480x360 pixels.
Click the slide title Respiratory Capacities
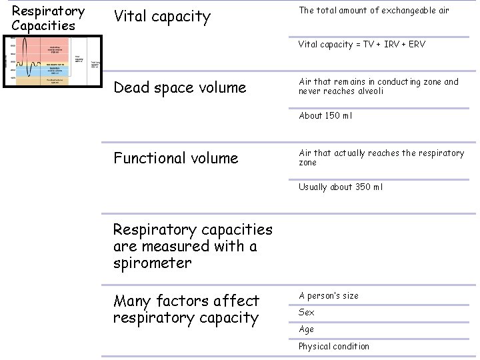click(48, 19)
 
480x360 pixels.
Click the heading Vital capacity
click(162, 17)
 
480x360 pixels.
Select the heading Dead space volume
click(179, 87)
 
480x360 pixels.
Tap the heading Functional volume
click(175, 158)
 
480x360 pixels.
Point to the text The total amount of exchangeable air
click(373, 11)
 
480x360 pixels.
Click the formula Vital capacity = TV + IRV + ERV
click(361, 45)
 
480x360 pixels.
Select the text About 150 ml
click(325, 115)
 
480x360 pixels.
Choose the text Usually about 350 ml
click(341, 187)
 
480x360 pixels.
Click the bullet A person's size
click(328, 296)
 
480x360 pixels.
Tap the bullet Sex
click(307, 313)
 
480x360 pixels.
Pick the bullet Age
click(307, 329)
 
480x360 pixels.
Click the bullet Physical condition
click(333, 346)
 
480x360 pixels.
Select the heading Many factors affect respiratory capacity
click(186, 309)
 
